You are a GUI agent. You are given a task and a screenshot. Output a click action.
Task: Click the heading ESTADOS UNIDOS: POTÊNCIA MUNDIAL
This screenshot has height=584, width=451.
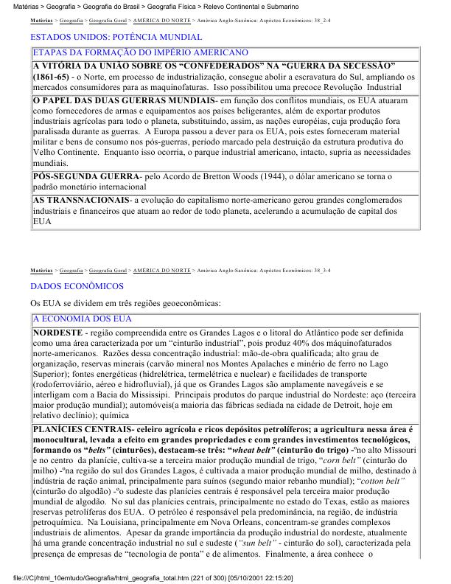(x=116, y=36)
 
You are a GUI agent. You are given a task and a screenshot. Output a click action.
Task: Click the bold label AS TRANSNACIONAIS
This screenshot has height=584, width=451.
(x=80, y=200)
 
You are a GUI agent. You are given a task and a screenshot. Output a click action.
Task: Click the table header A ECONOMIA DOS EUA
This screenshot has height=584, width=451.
(x=82, y=319)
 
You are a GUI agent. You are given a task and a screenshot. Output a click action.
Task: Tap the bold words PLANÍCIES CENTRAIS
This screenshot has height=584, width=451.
(x=80, y=428)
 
